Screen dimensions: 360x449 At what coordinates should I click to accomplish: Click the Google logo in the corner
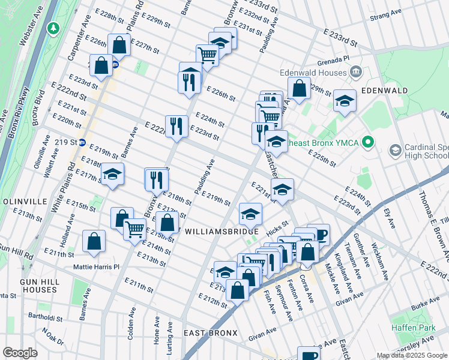point(20,353)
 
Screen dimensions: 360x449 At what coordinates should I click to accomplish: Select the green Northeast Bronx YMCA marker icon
point(370,142)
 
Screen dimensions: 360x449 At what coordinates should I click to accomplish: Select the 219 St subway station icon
point(83,143)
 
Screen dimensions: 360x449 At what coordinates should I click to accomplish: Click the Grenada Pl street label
point(334,59)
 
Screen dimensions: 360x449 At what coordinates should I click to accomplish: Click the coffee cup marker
point(319,234)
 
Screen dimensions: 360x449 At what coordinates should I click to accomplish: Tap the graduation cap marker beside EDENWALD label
point(345,101)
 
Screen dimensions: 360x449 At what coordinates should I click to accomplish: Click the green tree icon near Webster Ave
point(54,28)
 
